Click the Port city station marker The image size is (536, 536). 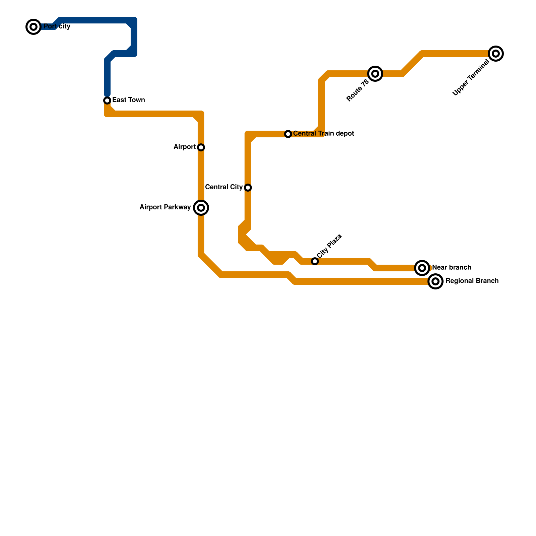(x=33, y=27)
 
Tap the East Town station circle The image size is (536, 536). (x=107, y=100)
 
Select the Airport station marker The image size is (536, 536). (x=201, y=147)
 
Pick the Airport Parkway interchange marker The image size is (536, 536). (x=201, y=208)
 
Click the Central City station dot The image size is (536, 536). (x=248, y=188)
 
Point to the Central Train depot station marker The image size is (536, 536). (x=288, y=134)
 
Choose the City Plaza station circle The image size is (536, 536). (x=315, y=261)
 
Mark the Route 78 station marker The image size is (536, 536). (x=375, y=74)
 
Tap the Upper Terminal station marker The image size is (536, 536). (x=496, y=54)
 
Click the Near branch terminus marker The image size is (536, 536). (x=422, y=268)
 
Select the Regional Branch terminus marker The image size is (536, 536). (x=435, y=281)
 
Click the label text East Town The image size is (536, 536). (x=129, y=100)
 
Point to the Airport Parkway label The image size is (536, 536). (x=165, y=207)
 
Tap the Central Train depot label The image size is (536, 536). (x=324, y=134)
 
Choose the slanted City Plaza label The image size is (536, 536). (x=329, y=246)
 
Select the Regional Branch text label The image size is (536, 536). (x=472, y=281)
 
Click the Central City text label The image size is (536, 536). (x=224, y=187)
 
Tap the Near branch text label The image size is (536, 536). (x=452, y=268)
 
